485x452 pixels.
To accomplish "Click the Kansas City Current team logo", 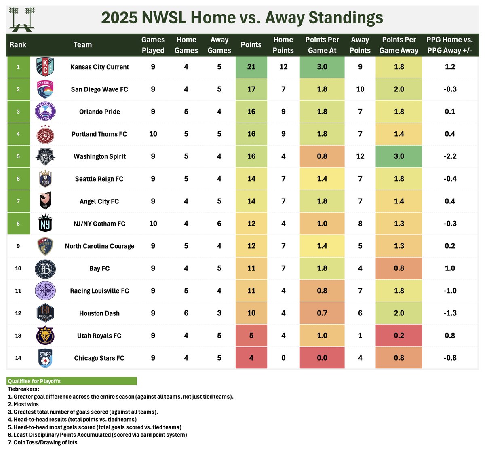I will click(44, 67).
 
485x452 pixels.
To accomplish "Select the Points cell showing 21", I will click(251, 67).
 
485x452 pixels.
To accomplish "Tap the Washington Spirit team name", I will click(99, 156).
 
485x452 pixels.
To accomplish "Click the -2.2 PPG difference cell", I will click(450, 156).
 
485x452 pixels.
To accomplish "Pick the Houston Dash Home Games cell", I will click(186, 313).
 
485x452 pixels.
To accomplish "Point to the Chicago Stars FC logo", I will click(44, 358).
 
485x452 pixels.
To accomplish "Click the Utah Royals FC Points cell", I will click(251, 336).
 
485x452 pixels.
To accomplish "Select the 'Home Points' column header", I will click(283, 45).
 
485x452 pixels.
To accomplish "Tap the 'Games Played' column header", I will click(153, 45).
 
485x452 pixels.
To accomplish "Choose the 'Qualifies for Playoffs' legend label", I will click(34, 381).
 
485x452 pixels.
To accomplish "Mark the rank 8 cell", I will click(18, 224).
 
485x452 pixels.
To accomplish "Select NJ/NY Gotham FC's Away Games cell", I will click(219, 224).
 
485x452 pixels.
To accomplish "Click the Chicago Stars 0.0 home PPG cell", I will click(322, 358).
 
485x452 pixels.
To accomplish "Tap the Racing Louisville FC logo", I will click(44, 291).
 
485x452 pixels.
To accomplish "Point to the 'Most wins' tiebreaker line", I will click(26, 404).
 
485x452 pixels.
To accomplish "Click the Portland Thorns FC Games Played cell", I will click(153, 134).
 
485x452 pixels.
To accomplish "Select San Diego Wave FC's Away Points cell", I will click(360, 89).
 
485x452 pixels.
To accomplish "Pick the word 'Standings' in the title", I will click(345, 18).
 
